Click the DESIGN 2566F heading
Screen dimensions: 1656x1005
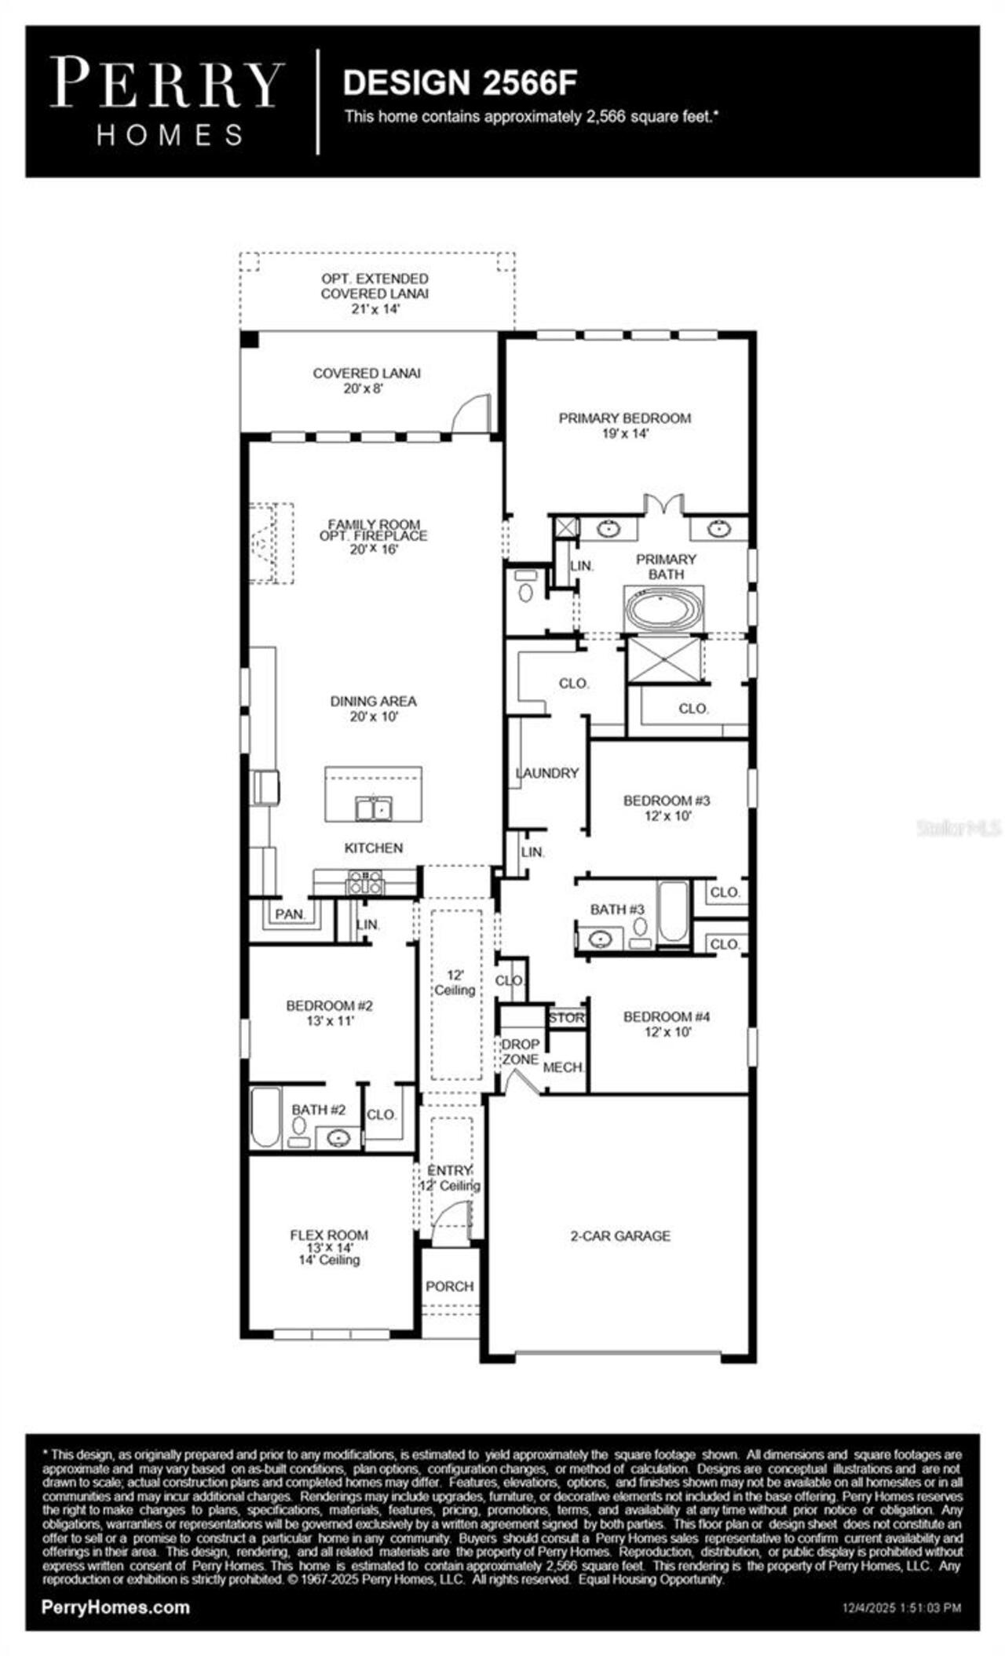coord(460,82)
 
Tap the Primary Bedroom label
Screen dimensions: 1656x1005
coord(624,425)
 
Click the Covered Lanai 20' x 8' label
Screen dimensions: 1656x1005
coord(367,380)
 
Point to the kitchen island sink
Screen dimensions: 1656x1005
coord(374,808)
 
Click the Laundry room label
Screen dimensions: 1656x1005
coord(547,773)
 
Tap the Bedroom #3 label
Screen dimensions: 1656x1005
coord(667,808)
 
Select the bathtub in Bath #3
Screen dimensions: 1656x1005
coord(673,911)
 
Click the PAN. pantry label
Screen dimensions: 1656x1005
coord(290,914)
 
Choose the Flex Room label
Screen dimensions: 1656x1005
coord(329,1246)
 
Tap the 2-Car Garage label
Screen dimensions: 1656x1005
coord(620,1236)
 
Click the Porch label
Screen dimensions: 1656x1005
coord(449,1286)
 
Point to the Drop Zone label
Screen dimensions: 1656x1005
coord(520,1052)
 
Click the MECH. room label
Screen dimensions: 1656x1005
coord(563,1067)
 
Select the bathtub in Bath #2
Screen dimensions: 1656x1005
coord(265,1118)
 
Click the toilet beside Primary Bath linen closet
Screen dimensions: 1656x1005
coord(525,589)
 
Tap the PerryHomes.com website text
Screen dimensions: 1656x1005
coord(115,1607)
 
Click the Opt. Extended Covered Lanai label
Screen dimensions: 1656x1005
coord(375,294)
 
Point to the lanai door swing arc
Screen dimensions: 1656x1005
coord(469,412)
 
